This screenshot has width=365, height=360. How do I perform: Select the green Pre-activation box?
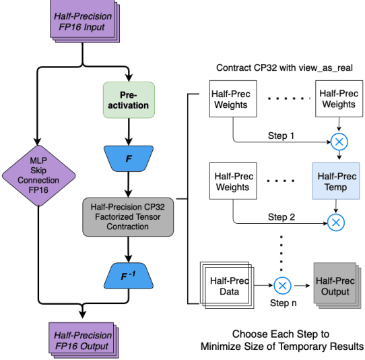128,100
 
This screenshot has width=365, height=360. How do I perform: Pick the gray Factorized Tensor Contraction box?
128,217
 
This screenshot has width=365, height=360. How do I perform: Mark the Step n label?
284,304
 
